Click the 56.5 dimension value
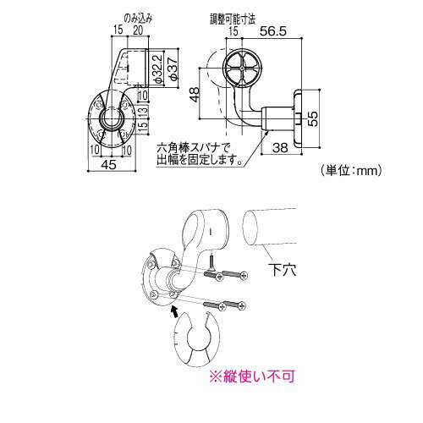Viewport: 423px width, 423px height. click(273, 30)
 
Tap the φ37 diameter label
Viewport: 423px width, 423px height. click(173, 68)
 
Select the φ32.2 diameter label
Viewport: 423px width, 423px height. click(158, 68)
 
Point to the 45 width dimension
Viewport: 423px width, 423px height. click(108, 164)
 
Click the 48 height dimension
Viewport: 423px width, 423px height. click(195, 95)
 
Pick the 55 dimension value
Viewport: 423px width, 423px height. click(312, 118)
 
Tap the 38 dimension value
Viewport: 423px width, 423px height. click(280, 147)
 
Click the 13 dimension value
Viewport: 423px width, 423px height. click(143, 110)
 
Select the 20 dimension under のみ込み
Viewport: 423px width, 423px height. click(138, 30)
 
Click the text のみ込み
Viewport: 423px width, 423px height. click(138, 19)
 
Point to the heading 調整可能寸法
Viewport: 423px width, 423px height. click(233, 19)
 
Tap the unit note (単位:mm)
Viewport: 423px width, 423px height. click(351, 170)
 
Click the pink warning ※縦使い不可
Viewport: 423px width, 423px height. click(252, 376)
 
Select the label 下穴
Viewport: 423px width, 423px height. click(282, 269)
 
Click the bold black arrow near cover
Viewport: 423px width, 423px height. click(174, 311)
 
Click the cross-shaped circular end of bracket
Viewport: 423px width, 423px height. click(243, 69)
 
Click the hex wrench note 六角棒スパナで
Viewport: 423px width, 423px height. click(194, 147)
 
